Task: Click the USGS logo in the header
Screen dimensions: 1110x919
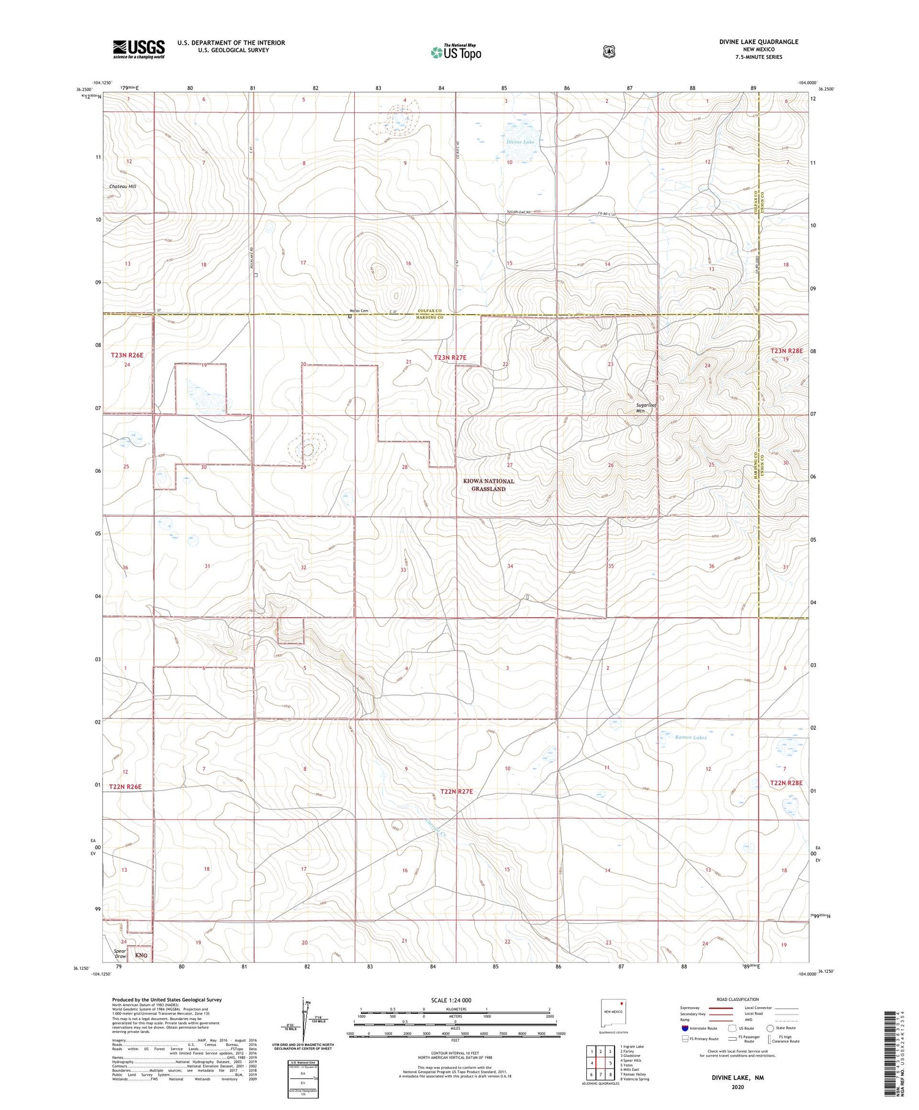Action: pyautogui.click(x=138, y=49)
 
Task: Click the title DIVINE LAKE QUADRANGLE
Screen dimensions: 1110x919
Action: pyautogui.click(x=758, y=42)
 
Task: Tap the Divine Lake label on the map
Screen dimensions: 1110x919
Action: pyautogui.click(x=520, y=141)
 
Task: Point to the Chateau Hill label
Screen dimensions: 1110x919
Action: pyautogui.click(x=123, y=186)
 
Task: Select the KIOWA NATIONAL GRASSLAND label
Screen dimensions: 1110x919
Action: pyautogui.click(x=488, y=485)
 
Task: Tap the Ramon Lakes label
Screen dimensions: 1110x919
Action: pyautogui.click(x=690, y=737)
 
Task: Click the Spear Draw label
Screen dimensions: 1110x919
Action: pyautogui.click(x=120, y=953)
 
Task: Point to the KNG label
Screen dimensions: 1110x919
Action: pyautogui.click(x=142, y=955)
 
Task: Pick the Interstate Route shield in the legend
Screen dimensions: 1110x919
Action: pyautogui.click(x=684, y=1028)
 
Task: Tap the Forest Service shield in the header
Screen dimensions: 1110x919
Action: pyautogui.click(x=608, y=52)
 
